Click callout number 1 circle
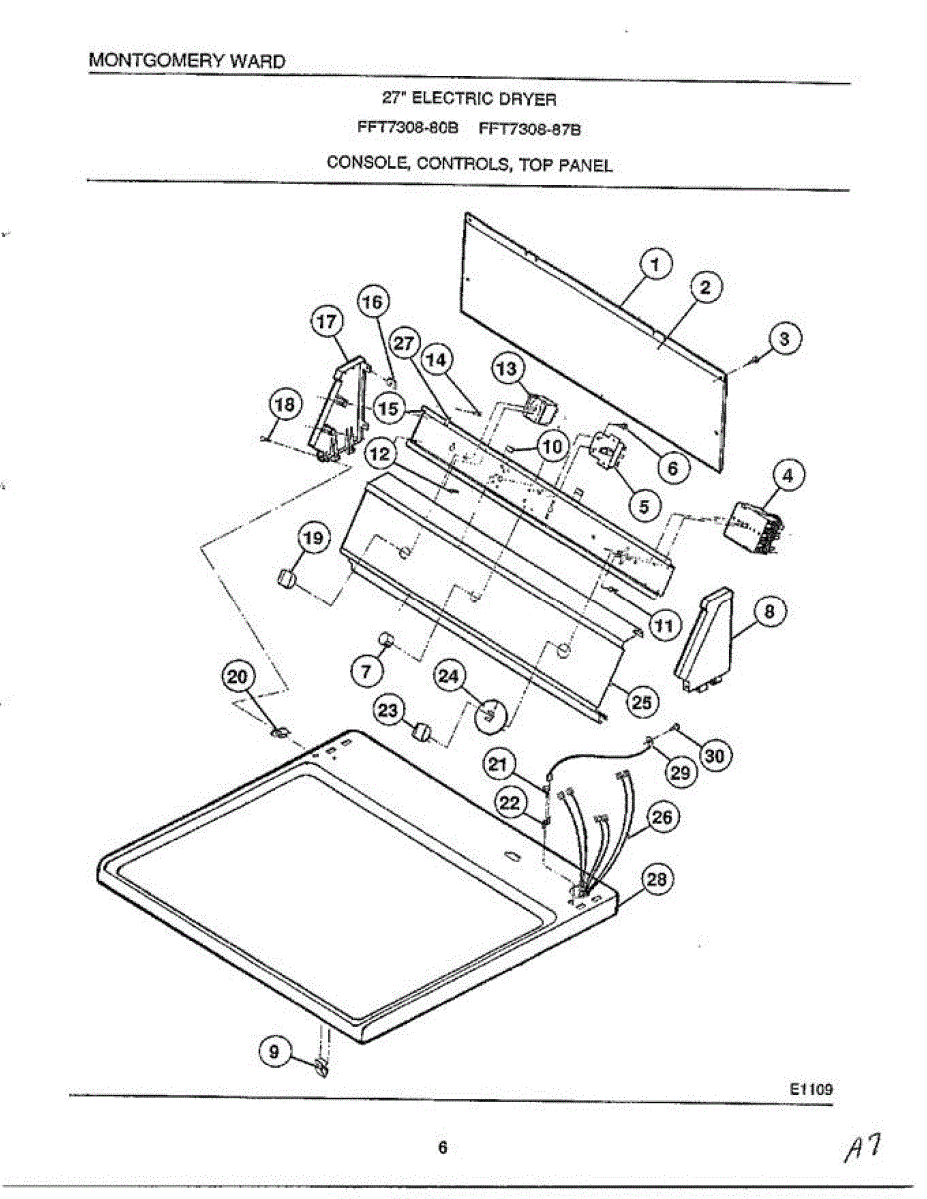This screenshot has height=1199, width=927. point(655,265)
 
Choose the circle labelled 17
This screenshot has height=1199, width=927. point(327,322)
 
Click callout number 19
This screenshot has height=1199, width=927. point(312,539)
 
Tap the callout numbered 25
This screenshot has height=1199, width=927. point(640,702)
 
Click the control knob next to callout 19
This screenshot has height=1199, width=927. point(288,580)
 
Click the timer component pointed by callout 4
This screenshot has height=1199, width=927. point(754,527)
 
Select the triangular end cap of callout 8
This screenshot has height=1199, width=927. point(705,639)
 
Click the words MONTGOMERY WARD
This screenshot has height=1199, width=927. point(187,60)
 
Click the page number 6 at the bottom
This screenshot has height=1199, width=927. point(441,1148)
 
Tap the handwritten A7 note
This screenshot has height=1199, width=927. point(861,1150)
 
